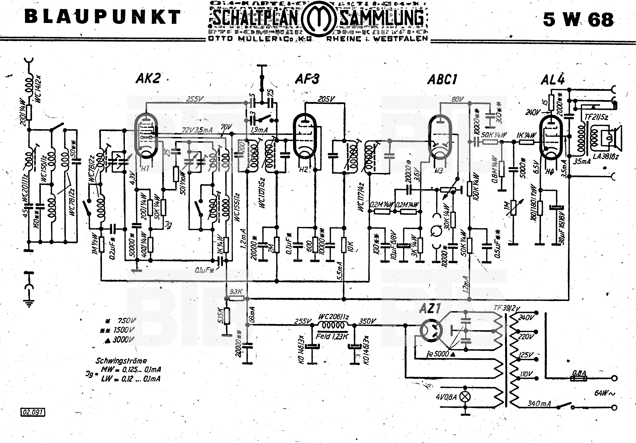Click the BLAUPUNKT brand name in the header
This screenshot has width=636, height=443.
103,17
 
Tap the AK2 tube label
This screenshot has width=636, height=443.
148,78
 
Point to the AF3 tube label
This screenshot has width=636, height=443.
307,79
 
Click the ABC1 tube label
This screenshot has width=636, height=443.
442,80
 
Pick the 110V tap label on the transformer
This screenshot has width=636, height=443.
526,374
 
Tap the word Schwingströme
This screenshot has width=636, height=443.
121,361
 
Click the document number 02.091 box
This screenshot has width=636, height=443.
33,412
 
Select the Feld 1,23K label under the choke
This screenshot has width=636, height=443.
332,337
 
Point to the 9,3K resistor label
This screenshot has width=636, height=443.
236,292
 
